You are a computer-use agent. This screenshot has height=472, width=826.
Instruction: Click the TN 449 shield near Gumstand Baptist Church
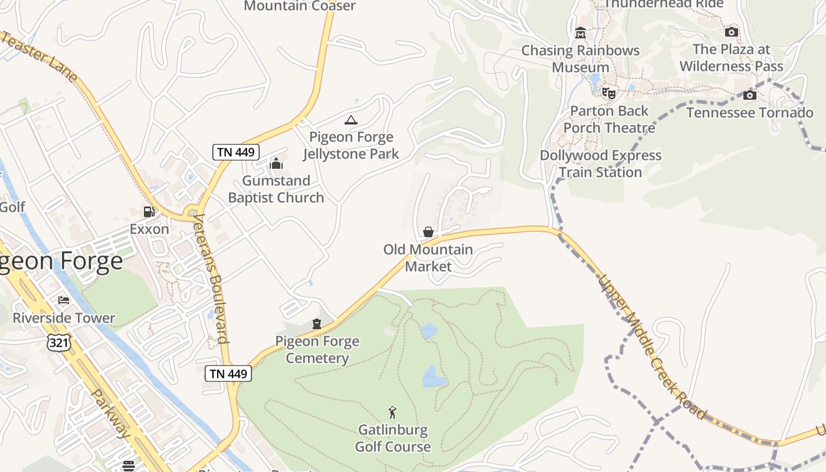pyautogui.click(x=236, y=152)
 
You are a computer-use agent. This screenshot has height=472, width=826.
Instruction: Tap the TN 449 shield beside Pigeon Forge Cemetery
pyautogui.click(x=229, y=373)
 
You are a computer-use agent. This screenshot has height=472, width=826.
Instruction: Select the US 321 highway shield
pyautogui.click(x=60, y=342)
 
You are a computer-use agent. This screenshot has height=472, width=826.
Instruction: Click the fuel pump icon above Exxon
pyautogui.click(x=149, y=212)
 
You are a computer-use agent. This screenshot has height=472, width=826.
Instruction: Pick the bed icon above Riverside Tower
pyautogui.click(x=64, y=300)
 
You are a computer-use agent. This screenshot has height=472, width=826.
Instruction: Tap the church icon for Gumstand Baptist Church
pyautogui.click(x=276, y=163)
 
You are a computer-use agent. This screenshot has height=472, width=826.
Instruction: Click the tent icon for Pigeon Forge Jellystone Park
pyautogui.click(x=351, y=120)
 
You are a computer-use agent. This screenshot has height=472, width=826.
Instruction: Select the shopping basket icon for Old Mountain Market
pyautogui.click(x=428, y=232)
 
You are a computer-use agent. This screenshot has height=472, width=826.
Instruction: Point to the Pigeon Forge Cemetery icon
pyautogui.click(x=317, y=323)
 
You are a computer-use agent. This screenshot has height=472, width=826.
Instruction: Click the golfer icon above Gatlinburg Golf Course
pyautogui.click(x=392, y=412)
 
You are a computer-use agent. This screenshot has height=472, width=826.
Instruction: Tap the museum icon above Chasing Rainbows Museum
pyautogui.click(x=581, y=32)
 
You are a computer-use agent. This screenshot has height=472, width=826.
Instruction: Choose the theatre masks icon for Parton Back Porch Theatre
pyautogui.click(x=608, y=93)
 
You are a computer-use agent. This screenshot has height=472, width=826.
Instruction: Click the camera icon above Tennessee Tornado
pyautogui.click(x=749, y=95)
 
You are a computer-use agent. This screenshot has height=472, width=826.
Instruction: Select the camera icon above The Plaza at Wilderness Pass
pyautogui.click(x=732, y=32)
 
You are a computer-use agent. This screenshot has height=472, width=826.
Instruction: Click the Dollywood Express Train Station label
pyautogui.click(x=601, y=164)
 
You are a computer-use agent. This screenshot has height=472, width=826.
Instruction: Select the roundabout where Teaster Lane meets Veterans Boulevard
pyautogui.click(x=191, y=212)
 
